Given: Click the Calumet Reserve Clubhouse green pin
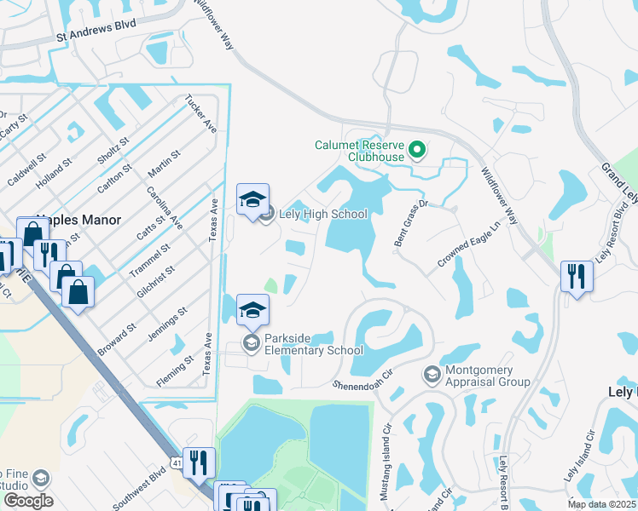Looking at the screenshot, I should click(x=417, y=152).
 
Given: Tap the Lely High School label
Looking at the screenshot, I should click(x=323, y=214).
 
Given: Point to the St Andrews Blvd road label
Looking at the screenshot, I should click(x=96, y=37).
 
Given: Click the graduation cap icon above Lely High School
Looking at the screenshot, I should click(x=252, y=200).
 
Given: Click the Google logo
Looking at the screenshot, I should click(x=27, y=500).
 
